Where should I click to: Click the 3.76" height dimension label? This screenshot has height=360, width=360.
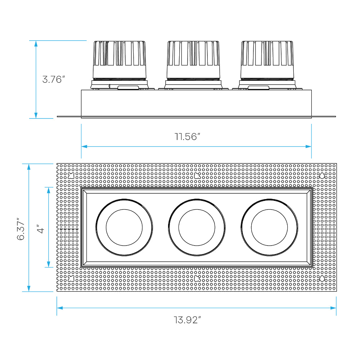pyautogui.click(x=54, y=80)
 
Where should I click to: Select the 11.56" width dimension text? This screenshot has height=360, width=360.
pyautogui.click(x=187, y=136)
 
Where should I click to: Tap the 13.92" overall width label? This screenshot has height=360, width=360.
pyautogui.click(x=187, y=320)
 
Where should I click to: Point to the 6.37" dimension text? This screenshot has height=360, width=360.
pyautogui.click(x=21, y=229)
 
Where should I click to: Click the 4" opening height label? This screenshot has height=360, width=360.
pyautogui.click(x=40, y=229)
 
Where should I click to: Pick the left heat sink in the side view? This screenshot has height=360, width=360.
pyautogui.click(x=120, y=60)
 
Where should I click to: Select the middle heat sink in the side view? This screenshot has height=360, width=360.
pyautogui.click(x=193, y=60)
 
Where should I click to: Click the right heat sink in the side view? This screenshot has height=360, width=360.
pyautogui.click(x=267, y=60)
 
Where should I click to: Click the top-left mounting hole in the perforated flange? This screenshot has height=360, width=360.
pyautogui.click(x=71, y=176)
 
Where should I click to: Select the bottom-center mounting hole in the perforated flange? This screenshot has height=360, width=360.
pyautogui.click(x=197, y=279)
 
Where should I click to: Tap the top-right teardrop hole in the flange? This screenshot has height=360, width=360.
pyautogui.click(x=322, y=176)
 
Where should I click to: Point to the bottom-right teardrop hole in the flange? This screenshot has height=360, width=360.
pyautogui.click(x=322, y=279)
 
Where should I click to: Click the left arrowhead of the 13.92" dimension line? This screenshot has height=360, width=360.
pyautogui.click(x=60, y=308)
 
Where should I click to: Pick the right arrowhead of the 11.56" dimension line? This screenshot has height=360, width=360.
pyautogui.click(x=309, y=147)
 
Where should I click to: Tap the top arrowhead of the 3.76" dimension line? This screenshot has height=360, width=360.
pyautogui.click(x=36, y=44)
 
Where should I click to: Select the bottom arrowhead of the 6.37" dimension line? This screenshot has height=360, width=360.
pyautogui.click(x=29, y=289)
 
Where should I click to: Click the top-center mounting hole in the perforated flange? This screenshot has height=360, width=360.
pyautogui.click(x=197, y=176)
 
